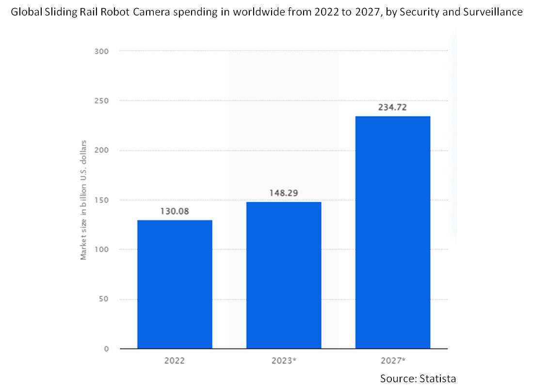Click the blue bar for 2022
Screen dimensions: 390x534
[x=175, y=284]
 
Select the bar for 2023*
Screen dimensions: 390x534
[x=284, y=275]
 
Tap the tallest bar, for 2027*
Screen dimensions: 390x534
[x=393, y=232]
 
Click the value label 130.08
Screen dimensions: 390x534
[x=175, y=211]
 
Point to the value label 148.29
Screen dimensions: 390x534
[x=284, y=193]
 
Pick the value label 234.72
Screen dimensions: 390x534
[x=393, y=107]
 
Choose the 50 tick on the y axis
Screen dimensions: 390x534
[x=103, y=299]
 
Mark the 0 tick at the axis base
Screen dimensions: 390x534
[x=105, y=349]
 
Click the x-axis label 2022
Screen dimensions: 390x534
[x=175, y=361]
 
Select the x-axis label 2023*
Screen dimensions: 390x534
[x=284, y=361]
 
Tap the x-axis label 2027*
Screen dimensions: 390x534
[x=393, y=361]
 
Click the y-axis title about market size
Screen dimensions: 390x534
[x=84, y=200]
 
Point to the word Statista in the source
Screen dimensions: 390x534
[x=437, y=378]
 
